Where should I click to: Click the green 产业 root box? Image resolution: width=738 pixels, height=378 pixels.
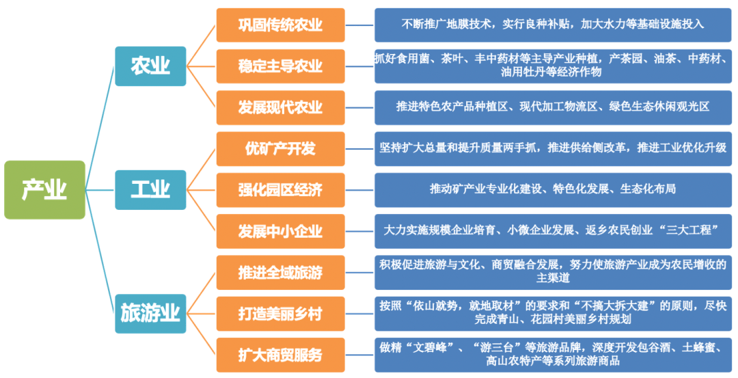tap(44, 189)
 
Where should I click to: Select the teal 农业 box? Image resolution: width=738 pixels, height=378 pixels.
tap(150, 66)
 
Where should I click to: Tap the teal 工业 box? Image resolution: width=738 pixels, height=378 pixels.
tap(150, 189)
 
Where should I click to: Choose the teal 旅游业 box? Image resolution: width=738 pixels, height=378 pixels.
tap(150, 313)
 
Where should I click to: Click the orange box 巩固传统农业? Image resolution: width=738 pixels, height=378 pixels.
tap(280, 25)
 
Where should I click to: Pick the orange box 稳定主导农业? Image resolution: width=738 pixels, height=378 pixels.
tap(280, 66)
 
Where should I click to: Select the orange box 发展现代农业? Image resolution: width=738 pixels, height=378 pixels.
tap(280, 107)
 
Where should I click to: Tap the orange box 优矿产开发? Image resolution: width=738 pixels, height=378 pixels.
tap(280, 148)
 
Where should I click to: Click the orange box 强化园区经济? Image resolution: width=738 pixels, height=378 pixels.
tap(280, 189)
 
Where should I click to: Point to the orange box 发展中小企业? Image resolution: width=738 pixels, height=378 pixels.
tap(280, 230)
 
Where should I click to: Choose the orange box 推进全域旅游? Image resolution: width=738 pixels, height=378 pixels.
tap(280, 273)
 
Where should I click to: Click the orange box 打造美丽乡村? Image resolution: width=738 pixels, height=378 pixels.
tap(280, 314)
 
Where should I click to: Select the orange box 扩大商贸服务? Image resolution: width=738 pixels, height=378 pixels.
tap(280, 355)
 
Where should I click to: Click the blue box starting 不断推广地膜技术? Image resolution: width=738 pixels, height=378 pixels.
tap(553, 25)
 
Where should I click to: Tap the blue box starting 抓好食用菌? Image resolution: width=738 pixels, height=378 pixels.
tap(553, 66)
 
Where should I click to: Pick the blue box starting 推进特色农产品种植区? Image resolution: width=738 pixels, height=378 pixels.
tap(553, 107)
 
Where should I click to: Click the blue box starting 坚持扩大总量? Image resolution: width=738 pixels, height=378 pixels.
tap(553, 148)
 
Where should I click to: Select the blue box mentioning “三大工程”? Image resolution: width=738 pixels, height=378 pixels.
tap(553, 230)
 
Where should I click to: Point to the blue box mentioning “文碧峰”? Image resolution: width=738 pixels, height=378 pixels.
tap(553, 354)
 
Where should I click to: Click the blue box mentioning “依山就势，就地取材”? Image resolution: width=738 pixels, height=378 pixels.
tap(553, 312)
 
